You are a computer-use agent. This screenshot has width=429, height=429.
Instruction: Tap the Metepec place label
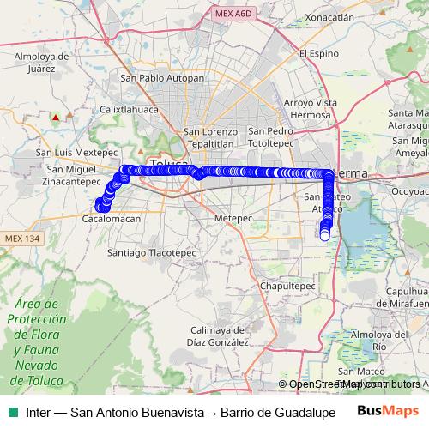[x=229, y=219]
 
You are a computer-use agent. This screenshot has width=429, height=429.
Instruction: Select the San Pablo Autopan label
[x=163, y=78]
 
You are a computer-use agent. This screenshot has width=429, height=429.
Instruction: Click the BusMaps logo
[x=386, y=411]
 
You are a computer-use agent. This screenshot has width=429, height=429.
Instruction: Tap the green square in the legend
[x=12, y=412]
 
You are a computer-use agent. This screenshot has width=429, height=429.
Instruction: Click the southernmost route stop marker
[x=324, y=237]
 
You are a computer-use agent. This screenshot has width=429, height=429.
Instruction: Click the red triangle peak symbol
[x=57, y=116]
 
